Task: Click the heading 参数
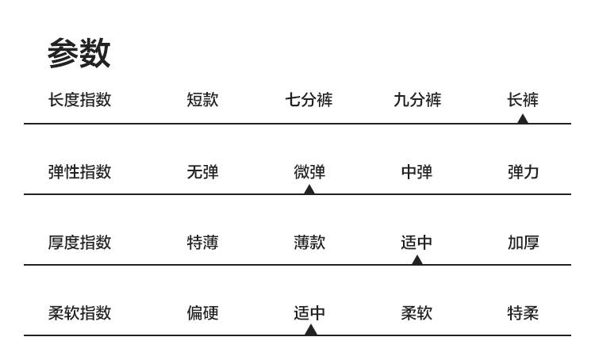[79, 53]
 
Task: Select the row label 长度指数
[79, 100]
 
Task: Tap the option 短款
[202, 100]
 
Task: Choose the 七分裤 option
[309, 100]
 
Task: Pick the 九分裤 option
[417, 100]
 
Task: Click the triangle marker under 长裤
[522, 119]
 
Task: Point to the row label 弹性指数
[79, 171]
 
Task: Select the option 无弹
[202, 171]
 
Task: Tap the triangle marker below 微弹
[309, 190]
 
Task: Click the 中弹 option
[417, 171]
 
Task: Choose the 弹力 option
[524, 171]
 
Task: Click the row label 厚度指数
[79, 242]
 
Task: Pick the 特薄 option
[202, 242]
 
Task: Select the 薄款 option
[309, 242]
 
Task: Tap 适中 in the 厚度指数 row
[417, 242]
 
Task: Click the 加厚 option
[524, 242]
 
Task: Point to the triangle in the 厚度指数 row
[417, 260]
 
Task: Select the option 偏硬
[202, 312]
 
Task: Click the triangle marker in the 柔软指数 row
[311, 331]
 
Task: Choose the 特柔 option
[524, 312]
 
